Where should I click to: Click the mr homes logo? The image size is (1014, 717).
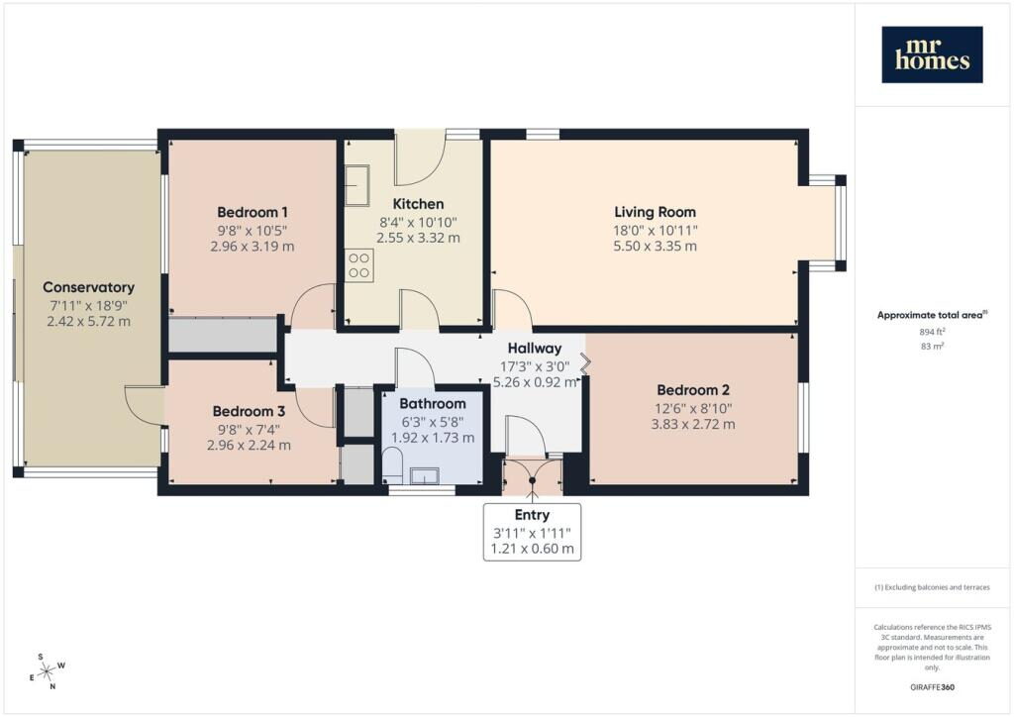pyautogui.click(x=932, y=54)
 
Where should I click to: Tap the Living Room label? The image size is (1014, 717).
pyautogui.click(x=656, y=212)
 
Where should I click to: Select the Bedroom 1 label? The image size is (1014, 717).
pyautogui.click(x=253, y=212)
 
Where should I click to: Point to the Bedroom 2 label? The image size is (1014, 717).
pyautogui.click(x=692, y=390)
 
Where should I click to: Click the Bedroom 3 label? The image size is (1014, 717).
pyautogui.click(x=249, y=411)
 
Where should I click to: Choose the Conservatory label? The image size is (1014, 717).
pyautogui.click(x=88, y=288)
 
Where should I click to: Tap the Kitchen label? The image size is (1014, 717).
pyautogui.click(x=419, y=204)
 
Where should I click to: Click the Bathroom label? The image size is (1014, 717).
pyautogui.click(x=433, y=404)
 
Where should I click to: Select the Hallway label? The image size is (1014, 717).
pyautogui.click(x=534, y=349)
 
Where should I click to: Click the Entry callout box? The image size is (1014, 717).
pyautogui.click(x=532, y=532)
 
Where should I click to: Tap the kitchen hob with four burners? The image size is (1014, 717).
pyautogui.click(x=358, y=265)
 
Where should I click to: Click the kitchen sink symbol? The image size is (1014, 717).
pyautogui.click(x=356, y=185)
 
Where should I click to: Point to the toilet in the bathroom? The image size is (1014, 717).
pyautogui.click(x=392, y=465)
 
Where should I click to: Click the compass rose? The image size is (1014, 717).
pyautogui.click(x=48, y=672)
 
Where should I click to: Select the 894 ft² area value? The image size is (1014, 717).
pyautogui.click(x=932, y=332)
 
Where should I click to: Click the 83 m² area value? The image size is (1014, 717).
pyautogui.click(x=932, y=347)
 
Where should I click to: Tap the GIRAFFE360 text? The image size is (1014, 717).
pyautogui.click(x=932, y=687)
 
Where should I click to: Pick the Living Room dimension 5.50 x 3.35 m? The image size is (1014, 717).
pyautogui.click(x=656, y=247)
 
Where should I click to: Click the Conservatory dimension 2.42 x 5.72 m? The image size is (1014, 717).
pyautogui.click(x=88, y=321)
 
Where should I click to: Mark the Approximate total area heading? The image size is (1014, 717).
pyautogui.click(x=932, y=316)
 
